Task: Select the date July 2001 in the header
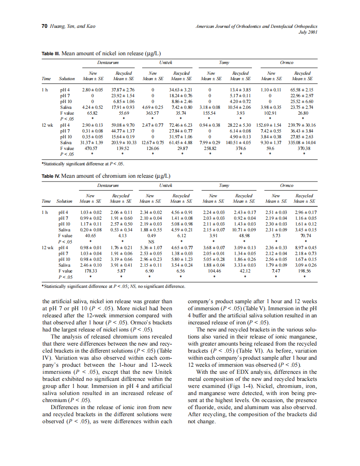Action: tap(308, 32)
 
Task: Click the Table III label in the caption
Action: tap(50, 54)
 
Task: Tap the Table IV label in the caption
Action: tap(51, 176)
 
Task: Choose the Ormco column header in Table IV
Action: tap(286, 185)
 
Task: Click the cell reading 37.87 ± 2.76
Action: tap(123, 89)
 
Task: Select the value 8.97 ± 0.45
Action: tap(304, 248)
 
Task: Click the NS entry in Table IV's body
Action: tap(151, 242)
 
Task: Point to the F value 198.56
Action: tap(304, 271)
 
